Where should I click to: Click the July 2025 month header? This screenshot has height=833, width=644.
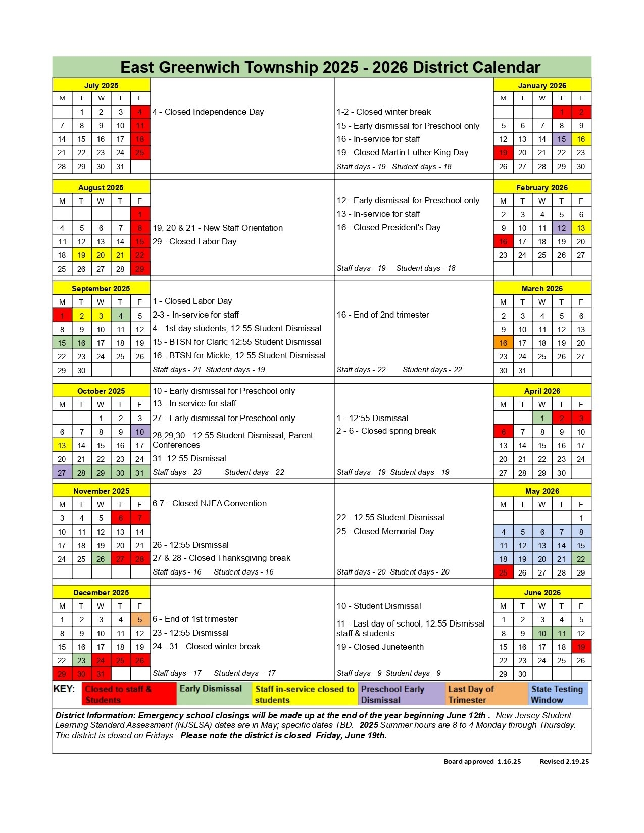coord(101,85)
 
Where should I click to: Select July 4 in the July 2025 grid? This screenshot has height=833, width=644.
coord(140,112)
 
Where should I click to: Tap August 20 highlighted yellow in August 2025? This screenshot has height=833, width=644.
coord(101,255)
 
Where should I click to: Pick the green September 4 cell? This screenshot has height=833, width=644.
coord(120,316)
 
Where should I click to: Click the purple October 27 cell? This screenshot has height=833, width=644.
coord(62,473)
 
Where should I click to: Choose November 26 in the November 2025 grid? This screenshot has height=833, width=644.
coord(101,559)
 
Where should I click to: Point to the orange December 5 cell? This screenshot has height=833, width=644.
coord(140,620)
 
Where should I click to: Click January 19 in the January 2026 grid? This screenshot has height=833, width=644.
coord(503,153)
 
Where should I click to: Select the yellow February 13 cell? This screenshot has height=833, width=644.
coord(581,228)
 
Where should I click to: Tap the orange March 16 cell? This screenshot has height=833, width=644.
coord(503,343)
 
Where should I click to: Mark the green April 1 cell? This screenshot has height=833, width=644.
coord(542,419)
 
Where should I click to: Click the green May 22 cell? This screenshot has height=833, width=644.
coord(581,559)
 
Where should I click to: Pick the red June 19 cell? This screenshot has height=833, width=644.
coord(581,647)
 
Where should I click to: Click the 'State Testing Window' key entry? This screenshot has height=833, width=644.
coord(559,694)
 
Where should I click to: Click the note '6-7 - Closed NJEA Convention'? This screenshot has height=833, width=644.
coord(210,504)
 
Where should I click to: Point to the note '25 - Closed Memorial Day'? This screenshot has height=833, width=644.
coord(385,532)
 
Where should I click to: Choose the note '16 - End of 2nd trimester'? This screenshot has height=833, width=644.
coord(383,315)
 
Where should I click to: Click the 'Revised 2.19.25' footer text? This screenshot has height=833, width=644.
coord(564,762)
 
